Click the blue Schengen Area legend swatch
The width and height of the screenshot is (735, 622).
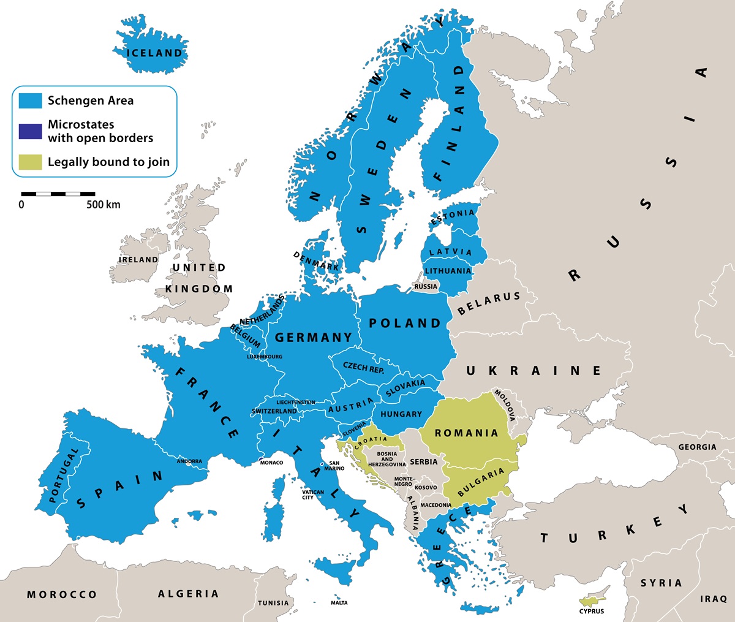(x=30, y=101)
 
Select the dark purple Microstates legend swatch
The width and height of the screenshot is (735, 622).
(x=30, y=131)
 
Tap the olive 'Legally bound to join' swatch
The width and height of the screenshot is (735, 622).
(x=30, y=162)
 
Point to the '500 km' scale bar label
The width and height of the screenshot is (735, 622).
(x=103, y=205)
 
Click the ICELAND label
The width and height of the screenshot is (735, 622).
(x=154, y=53)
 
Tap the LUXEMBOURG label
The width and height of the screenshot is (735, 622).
(x=265, y=357)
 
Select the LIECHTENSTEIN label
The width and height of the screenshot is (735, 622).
(x=296, y=403)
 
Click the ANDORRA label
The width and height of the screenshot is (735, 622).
(x=189, y=461)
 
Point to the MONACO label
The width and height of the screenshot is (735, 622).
(x=271, y=463)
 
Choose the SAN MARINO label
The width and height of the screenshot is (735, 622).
(x=334, y=466)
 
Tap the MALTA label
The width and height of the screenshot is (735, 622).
(x=339, y=603)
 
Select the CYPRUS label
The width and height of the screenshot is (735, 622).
(x=592, y=611)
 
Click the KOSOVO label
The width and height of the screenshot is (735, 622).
(x=426, y=488)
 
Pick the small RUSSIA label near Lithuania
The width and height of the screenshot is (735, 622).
(x=426, y=287)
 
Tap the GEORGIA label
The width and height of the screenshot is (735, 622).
(x=697, y=447)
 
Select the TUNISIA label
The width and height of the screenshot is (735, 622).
(x=273, y=603)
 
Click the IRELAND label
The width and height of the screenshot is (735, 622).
(x=138, y=260)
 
